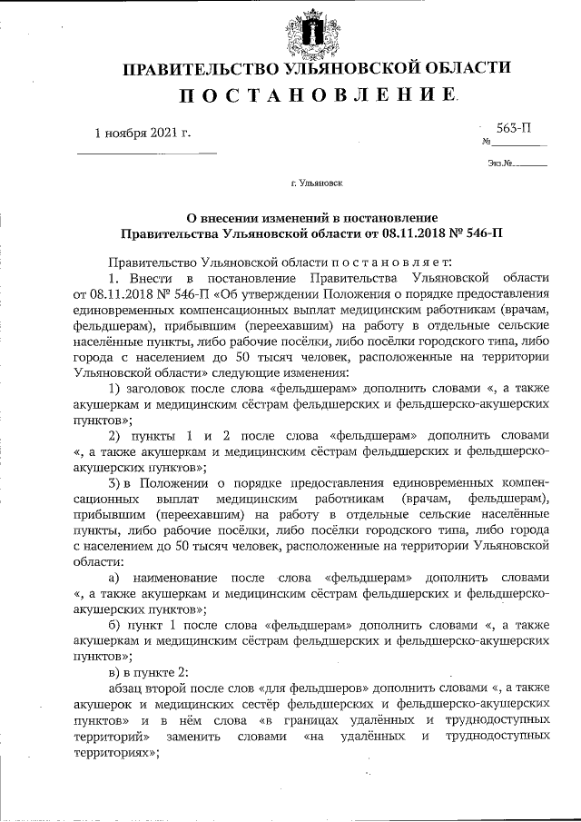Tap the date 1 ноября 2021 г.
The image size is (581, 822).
click(143, 133)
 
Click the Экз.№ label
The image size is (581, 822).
click(500, 164)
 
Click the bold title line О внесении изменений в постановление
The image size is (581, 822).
click(311, 218)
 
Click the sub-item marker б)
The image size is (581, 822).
click(115, 626)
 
